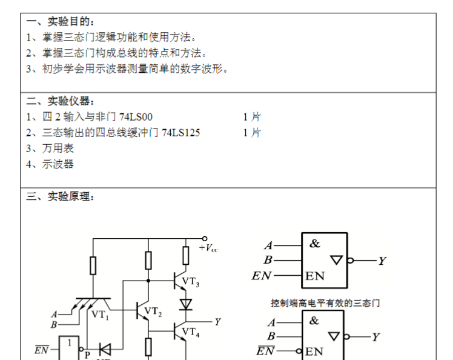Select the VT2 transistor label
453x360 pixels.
pos(153,313)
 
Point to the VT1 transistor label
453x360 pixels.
pos(100,314)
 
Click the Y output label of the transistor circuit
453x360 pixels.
pos(217,322)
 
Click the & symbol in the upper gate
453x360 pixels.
pos(315,244)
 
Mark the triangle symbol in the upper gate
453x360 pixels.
pos(336,260)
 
